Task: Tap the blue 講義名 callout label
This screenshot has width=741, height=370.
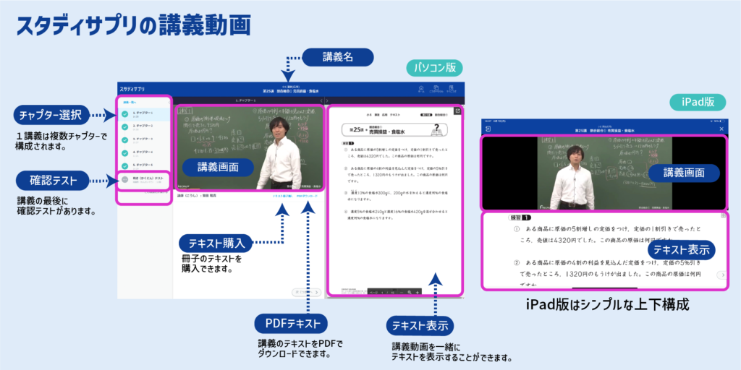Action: coord(337,57)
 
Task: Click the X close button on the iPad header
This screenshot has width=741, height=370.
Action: coord(721,128)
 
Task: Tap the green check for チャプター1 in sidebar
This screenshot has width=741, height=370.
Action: coord(125,114)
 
